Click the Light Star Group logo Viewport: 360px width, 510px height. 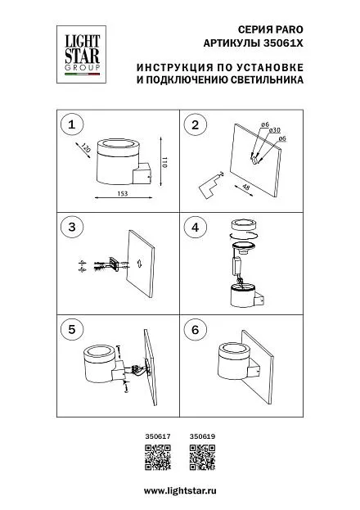(81, 54)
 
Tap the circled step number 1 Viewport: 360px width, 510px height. (72, 124)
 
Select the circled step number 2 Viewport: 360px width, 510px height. (195, 124)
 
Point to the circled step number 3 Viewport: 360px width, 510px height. (72, 227)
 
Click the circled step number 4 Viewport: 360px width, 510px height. (195, 227)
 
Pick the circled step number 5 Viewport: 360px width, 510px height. (72, 329)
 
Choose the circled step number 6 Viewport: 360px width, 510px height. (195, 329)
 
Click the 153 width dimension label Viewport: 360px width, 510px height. (122, 193)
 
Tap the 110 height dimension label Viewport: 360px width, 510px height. (164, 162)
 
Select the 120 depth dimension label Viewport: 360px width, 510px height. (86, 148)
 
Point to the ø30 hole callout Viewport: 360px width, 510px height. (275, 130)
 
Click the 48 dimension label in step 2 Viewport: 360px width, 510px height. (246, 187)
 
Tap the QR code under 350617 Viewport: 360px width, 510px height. (158, 458)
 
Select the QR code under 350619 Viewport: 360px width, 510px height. (203, 458)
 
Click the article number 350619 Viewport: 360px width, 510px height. (202, 436)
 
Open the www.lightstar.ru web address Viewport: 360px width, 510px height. (180, 491)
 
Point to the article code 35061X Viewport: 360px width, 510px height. (282, 43)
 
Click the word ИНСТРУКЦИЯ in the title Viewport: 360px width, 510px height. (173, 68)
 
